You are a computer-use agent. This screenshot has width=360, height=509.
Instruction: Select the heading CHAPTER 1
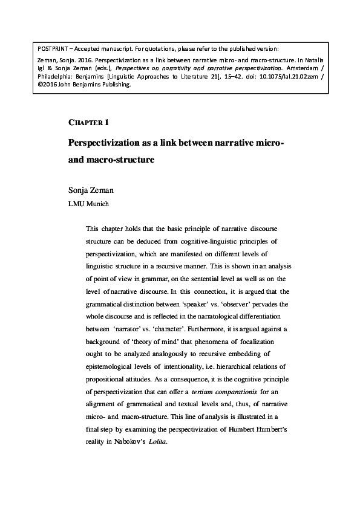pyautogui.click(x=89, y=122)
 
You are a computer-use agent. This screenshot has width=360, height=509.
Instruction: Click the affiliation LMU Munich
pyautogui.click(x=88, y=204)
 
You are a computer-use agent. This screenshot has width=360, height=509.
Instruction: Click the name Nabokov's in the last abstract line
pyautogui.click(x=129, y=441)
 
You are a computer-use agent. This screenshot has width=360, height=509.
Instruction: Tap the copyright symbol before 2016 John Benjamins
pyautogui.click(x=40, y=85)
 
